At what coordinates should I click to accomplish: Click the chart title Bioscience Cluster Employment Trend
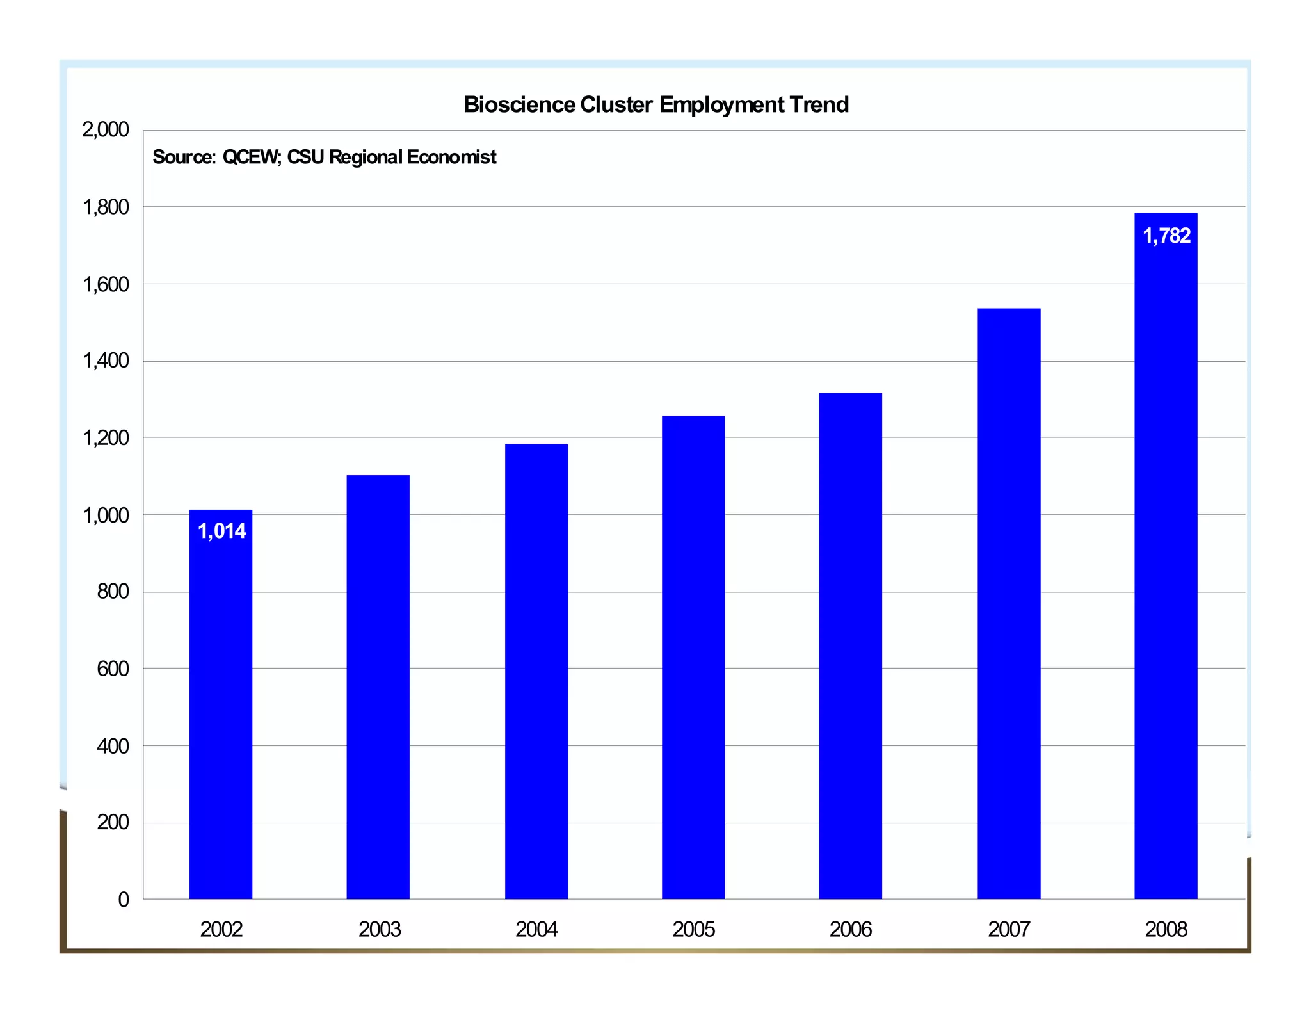click(655, 104)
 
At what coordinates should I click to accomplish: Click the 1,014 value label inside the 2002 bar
click(221, 531)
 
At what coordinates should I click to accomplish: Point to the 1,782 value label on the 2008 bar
click(1166, 236)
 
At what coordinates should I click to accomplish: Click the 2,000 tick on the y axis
click(106, 130)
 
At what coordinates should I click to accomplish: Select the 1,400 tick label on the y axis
click(106, 361)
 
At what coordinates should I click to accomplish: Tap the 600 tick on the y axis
click(113, 669)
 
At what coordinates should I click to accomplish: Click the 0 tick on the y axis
click(124, 900)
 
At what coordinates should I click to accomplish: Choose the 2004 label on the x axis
click(536, 929)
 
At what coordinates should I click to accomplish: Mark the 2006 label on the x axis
click(851, 929)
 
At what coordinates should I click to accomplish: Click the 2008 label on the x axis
click(1166, 929)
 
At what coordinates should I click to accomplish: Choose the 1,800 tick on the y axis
click(106, 207)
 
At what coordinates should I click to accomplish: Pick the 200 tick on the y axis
click(113, 822)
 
